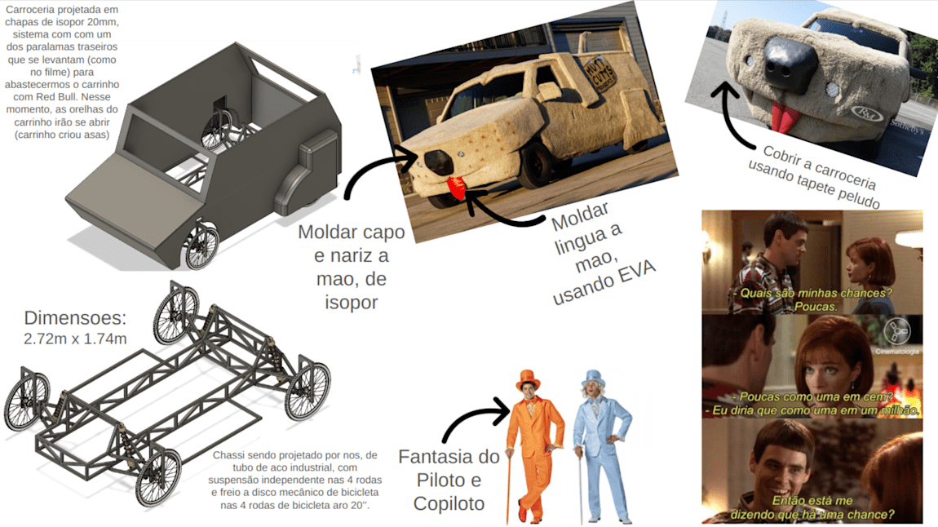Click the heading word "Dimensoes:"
[75, 317]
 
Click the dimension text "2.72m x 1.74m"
[75, 339]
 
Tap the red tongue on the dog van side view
[457, 188]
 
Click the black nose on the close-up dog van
[790, 62]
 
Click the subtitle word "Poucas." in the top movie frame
[816, 307]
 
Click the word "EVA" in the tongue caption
[636, 273]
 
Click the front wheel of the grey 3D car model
[201, 247]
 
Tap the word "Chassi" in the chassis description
[228, 455]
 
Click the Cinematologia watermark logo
[896, 330]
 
